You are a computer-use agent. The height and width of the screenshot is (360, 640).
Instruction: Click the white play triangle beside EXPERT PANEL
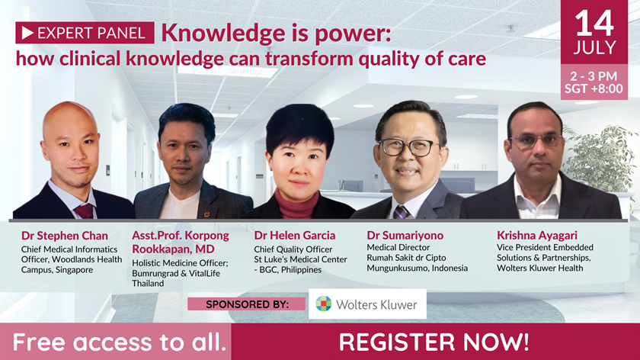(x=27, y=33)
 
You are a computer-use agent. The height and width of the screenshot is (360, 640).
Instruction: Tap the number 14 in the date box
(x=594, y=24)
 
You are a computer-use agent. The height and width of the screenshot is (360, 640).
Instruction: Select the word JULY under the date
(x=594, y=47)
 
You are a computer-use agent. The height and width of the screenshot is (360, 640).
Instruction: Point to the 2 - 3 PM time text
(x=594, y=76)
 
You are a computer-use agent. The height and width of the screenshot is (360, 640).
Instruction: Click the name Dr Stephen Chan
(x=65, y=236)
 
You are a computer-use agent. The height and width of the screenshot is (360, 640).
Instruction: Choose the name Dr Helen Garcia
(x=295, y=236)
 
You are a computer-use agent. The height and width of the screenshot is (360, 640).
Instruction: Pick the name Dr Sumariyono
(x=405, y=236)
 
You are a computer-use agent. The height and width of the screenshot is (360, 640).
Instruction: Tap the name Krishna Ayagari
(x=537, y=236)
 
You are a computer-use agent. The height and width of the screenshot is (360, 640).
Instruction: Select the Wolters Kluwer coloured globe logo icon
(x=324, y=304)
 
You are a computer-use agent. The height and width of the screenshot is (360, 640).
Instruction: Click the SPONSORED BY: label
(x=247, y=304)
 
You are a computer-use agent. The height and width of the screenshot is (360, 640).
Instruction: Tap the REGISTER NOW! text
(x=434, y=342)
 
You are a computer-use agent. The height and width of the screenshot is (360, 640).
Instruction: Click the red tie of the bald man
(x=85, y=211)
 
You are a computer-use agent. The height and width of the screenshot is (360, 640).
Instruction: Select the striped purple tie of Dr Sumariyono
(x=401, y=213)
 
